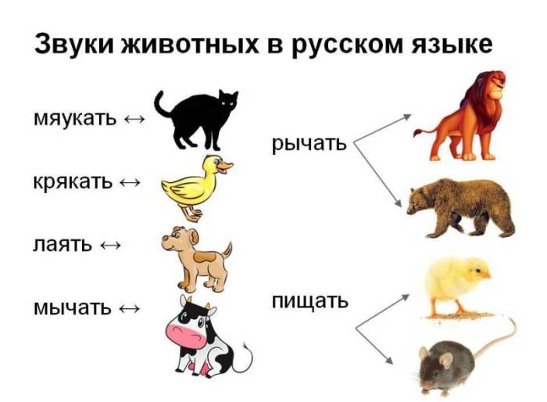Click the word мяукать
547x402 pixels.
(x=75, y=119)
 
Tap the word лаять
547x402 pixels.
(x=62, y=244)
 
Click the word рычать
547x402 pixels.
(x=309, y=144)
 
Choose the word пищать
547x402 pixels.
(x=310, y=300)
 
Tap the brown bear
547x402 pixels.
(x=461, y=205)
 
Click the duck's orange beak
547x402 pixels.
(x=226, y=165)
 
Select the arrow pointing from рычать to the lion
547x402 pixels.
(x=383, y=128)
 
